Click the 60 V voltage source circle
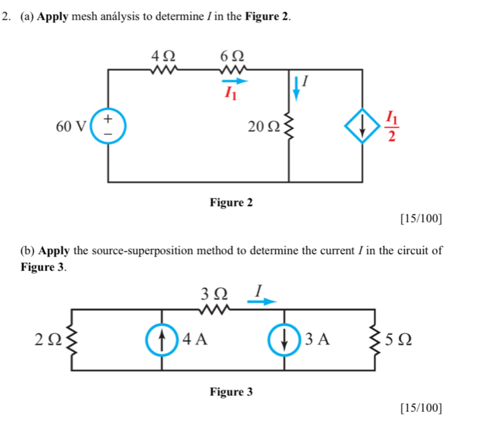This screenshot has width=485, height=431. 107,125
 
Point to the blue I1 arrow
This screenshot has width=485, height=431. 235,81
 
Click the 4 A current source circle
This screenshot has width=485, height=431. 162,338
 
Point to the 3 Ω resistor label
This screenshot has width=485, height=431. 215,294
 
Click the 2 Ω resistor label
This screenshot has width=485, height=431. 47,339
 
